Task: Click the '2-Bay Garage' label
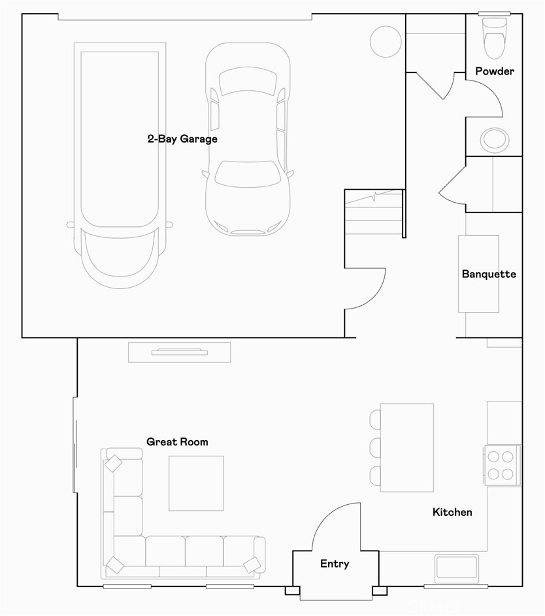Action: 182,139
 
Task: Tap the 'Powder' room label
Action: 494,71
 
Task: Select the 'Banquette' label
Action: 489,274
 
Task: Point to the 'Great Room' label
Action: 177,442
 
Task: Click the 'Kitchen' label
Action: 452,512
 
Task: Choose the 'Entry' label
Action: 335,564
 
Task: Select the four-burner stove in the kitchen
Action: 502,464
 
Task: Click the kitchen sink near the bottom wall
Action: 458,567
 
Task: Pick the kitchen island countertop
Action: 407,447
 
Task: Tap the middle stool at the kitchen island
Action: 375,447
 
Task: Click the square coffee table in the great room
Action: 196,483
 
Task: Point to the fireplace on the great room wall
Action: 180,352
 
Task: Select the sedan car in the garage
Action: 248,139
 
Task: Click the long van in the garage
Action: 120,163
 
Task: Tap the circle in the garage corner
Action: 385,41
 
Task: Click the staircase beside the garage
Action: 373,213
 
